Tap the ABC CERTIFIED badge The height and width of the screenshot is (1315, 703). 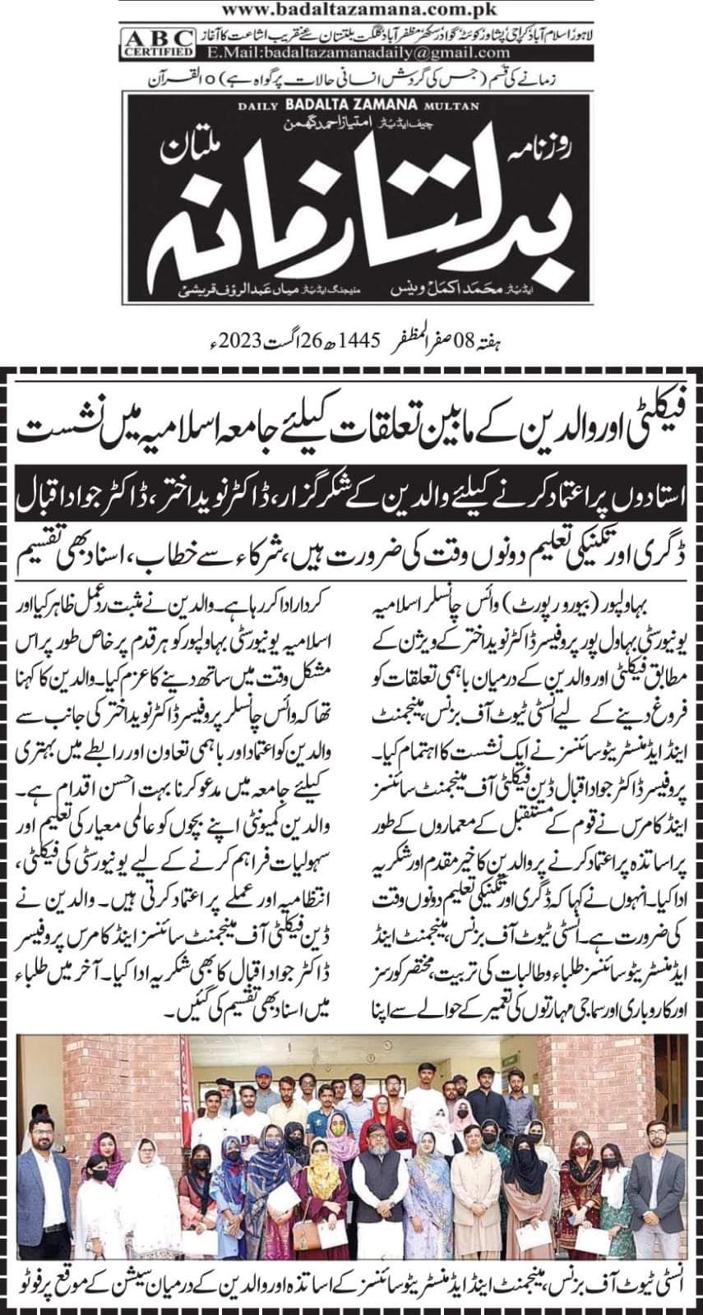point(146,43)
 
